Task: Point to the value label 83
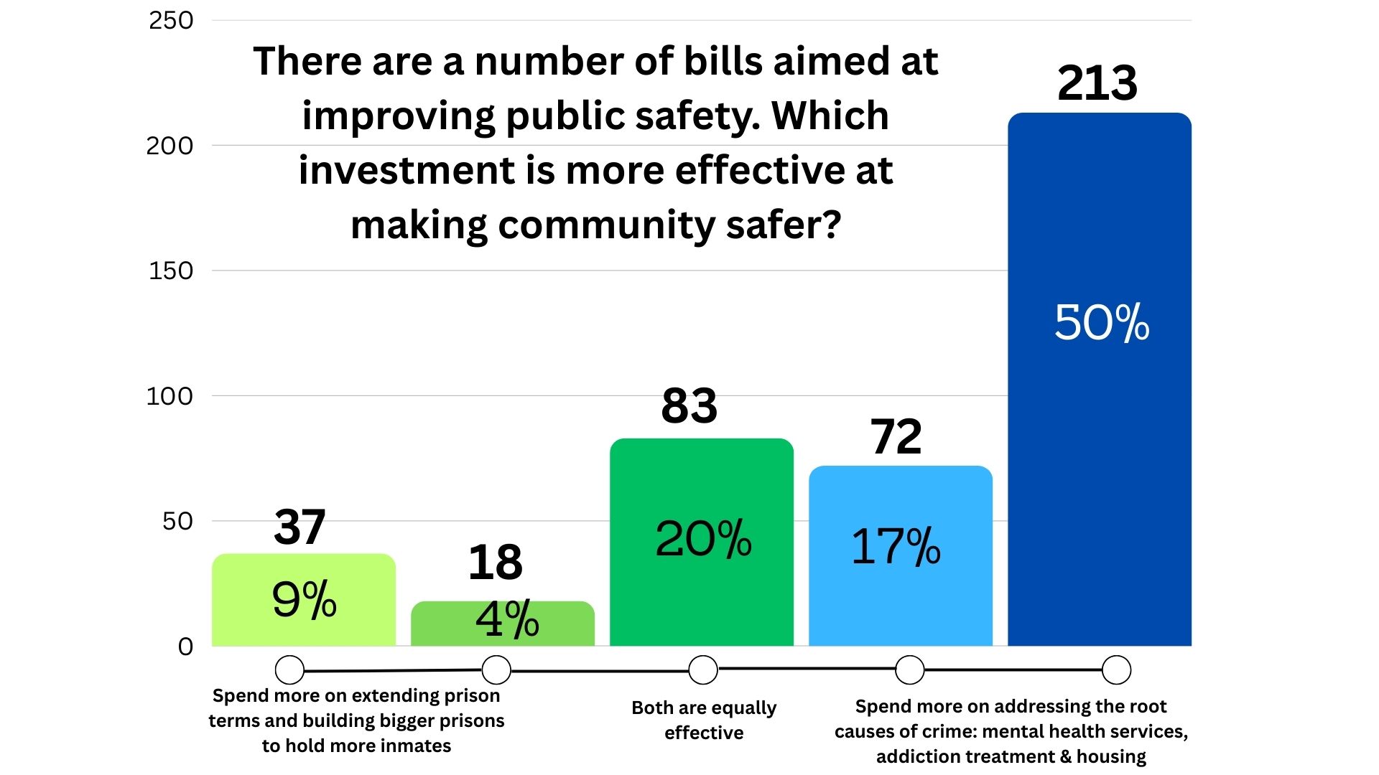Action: pyautogui.click(x=689, y=406)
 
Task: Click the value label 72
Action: pyautogui.click(x=896, y=436)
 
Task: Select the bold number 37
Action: pyautogui.click(x=300, y=527)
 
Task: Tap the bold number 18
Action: pyautogui.click(x=495, y=563)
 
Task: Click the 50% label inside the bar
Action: pyautogui.click(x=1101, y=322)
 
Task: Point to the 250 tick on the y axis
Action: pyautogui.click(x=171, y=21)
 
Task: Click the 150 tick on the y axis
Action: pyautogui.click(x=171, y=271)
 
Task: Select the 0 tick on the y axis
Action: pyautogui.click(x=185, y=647)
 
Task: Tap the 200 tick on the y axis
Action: pyautogui.click(x=170, y=146)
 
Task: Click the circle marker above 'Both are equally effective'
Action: pyautogui.click(x=703, y=670)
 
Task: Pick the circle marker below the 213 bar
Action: pyautogui.click(x=1116, y=670)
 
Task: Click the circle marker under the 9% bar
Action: pyautogui.click(x=289, y=670)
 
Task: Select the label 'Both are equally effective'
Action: pyautogui.click(x=704, y=720)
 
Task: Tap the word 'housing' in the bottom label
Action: pyautogui.click(x=1111, y=756)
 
